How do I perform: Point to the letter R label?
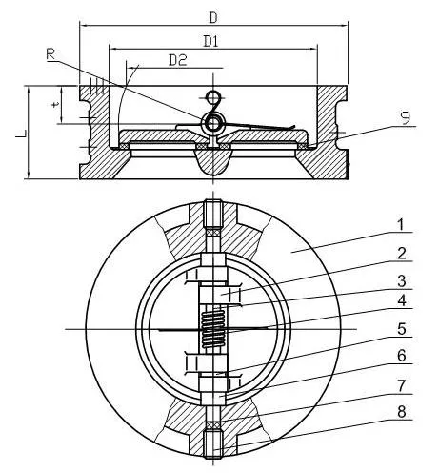(x=50, y=54)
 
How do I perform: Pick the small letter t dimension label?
(x=57, y=107)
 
